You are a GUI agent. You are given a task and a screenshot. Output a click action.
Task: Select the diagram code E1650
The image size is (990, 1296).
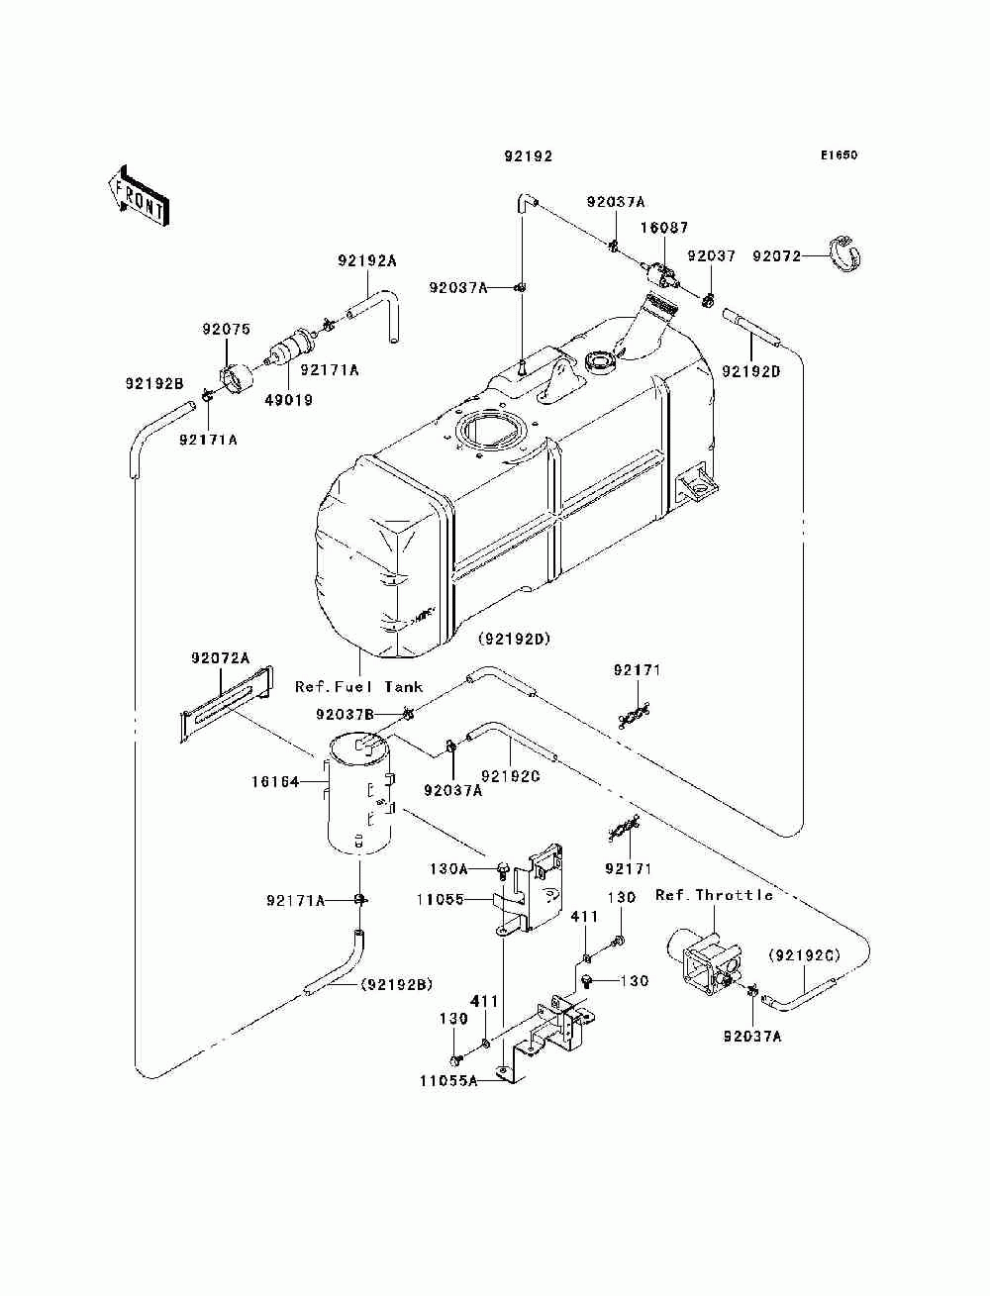839,155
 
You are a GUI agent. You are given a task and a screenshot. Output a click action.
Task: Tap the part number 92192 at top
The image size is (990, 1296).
529,156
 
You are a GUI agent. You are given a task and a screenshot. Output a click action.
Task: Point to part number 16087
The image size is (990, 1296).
664,228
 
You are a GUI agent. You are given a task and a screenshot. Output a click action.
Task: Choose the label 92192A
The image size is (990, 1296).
367,261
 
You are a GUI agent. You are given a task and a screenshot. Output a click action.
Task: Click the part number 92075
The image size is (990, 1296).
226,329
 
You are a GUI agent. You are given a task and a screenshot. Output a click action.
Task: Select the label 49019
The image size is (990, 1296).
288,400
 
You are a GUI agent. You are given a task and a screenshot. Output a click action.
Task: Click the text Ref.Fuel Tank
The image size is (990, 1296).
358,687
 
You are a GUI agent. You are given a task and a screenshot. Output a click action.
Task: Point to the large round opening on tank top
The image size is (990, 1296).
489,430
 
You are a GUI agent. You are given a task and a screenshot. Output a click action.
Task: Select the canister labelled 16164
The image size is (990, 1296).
359,792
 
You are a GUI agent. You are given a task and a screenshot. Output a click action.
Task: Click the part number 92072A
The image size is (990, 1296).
220,657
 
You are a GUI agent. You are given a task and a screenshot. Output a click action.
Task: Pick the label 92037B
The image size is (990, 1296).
345,715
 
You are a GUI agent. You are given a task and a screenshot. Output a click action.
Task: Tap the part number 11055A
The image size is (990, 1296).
448,1080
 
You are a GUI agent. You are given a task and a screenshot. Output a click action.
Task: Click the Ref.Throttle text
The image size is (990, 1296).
714,895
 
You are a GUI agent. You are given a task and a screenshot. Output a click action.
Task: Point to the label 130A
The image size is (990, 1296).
448,868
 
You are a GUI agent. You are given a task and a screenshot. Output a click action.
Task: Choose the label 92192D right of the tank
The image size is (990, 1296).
750,371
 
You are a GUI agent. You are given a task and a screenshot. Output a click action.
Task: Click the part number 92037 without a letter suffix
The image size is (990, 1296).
712,255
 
